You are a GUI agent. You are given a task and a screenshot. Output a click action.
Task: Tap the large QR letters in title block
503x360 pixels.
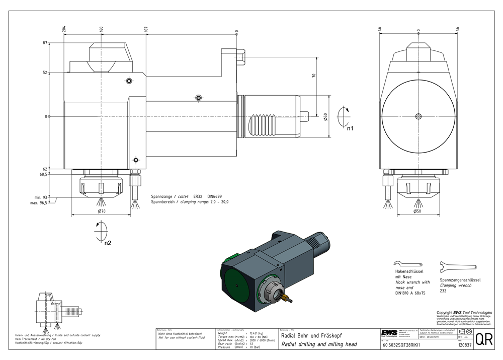tap(484, 339)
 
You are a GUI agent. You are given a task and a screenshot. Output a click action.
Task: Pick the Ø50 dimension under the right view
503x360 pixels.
tap(417, 211)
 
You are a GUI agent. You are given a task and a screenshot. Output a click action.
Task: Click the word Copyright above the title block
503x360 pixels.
tap(445, 313)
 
